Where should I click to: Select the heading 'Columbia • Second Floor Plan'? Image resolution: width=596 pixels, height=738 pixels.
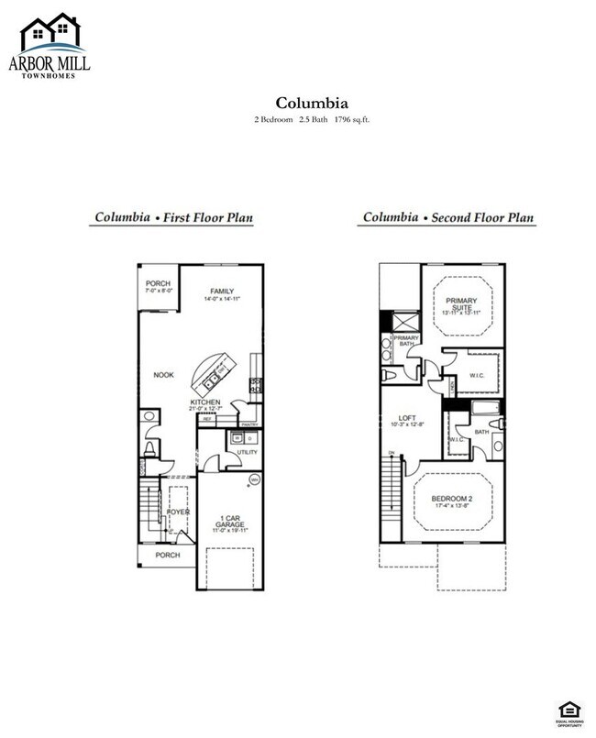(447, 219)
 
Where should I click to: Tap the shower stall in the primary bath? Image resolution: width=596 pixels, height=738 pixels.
(400, 323)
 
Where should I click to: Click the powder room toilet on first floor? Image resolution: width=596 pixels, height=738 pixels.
(149, 448)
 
